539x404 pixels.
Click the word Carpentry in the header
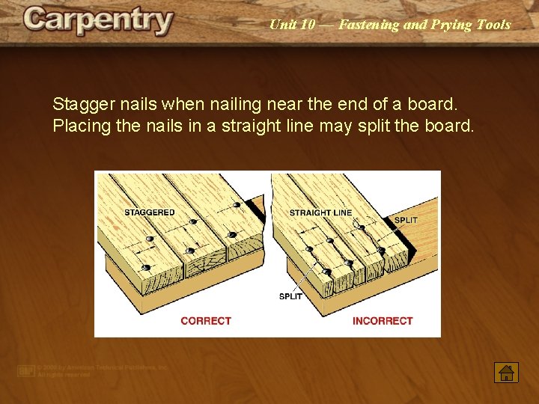98,21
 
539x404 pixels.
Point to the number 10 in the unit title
308,25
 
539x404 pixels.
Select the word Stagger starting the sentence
82,103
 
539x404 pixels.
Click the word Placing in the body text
82,125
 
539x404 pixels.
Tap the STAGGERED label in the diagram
149,212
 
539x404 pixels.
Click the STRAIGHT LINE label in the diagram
320,213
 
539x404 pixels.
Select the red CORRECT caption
206,321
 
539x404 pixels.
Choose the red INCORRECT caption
383,321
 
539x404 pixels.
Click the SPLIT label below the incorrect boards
290,296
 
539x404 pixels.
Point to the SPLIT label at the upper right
405,220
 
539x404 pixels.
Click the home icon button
506,372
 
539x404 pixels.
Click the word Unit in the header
281,25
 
